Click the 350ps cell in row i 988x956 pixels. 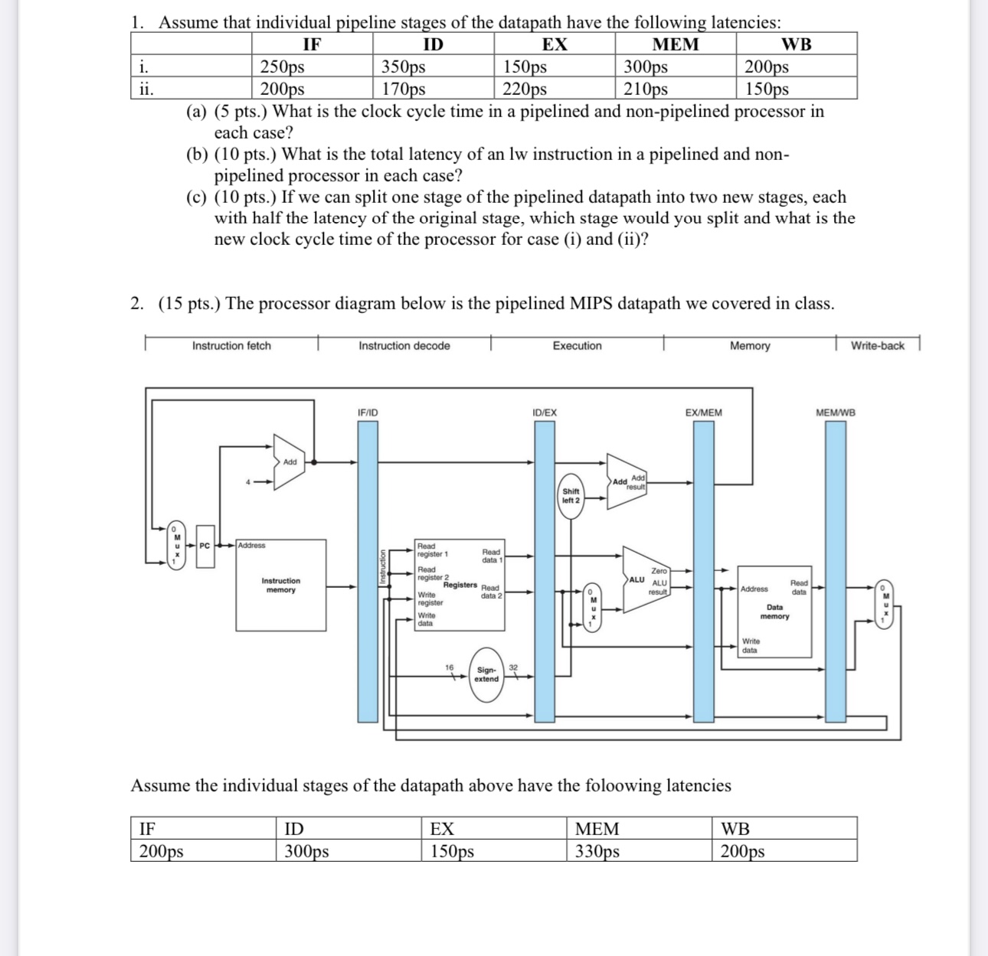[x=404, y=67]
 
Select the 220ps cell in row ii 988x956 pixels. [x=525, y=89]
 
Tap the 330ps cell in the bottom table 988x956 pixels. [x=597, y=851]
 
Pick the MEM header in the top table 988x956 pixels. [x=675, y=44]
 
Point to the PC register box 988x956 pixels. [x=204, y=546]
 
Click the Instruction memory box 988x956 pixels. [x=281, y=586]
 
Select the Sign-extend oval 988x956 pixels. [x=486, y=674]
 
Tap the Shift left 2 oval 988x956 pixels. [x=571, y=495]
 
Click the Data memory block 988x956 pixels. [x=774, y=612]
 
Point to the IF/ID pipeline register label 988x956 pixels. [x=368, y=413]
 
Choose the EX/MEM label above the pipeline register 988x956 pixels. [x=703, y=413]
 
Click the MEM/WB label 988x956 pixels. [x=836, y=413]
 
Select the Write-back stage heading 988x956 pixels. [x=877, y=346]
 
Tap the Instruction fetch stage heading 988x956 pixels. [x=231, y=346]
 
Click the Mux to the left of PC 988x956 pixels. [x=176, y=546]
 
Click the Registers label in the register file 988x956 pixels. [x=460, y=585]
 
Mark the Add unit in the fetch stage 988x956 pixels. [x=289, y=462]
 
